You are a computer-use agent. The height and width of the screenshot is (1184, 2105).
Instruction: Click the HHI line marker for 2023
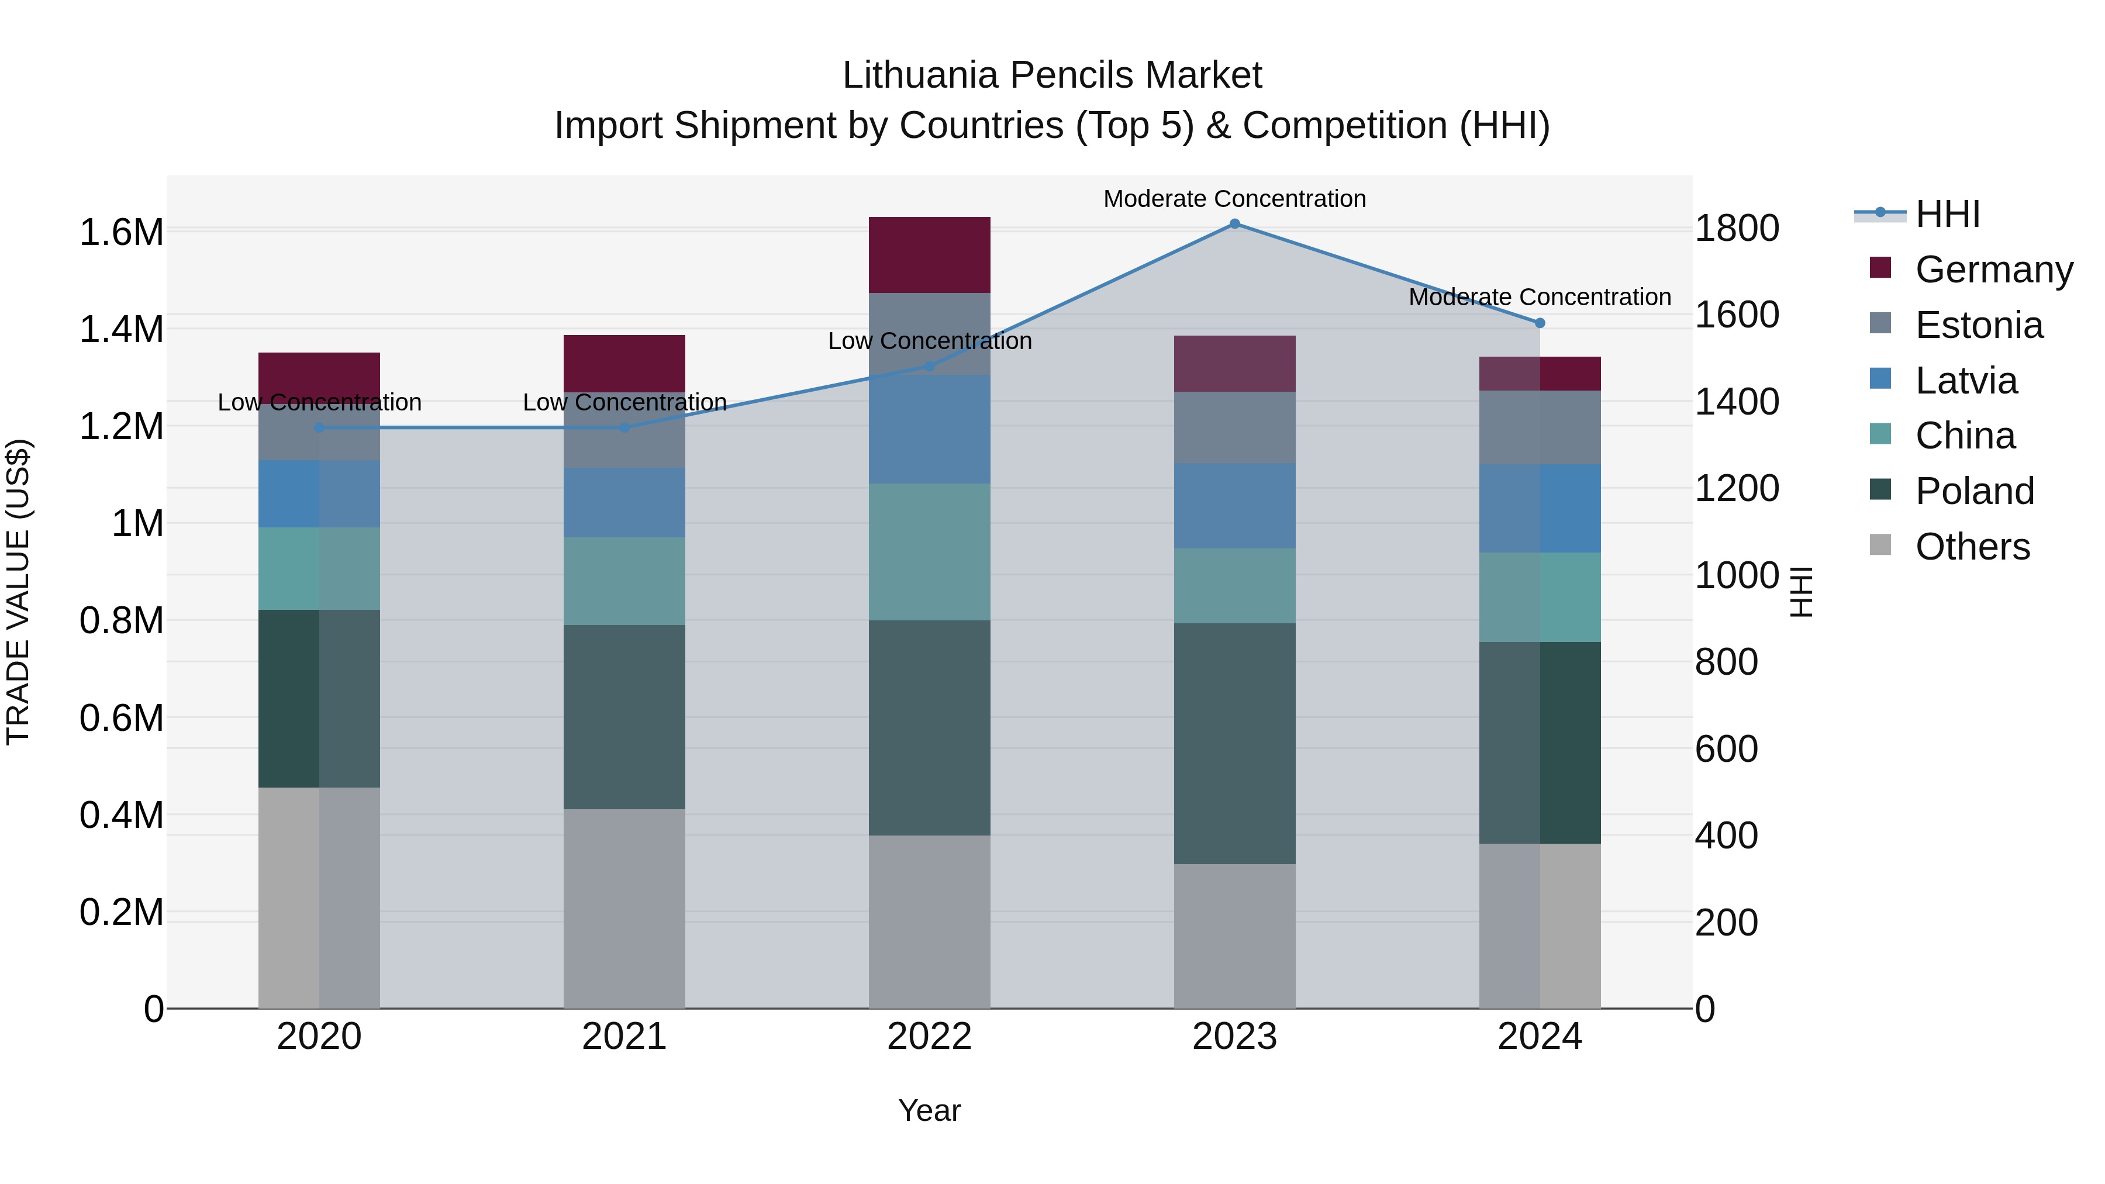1235,224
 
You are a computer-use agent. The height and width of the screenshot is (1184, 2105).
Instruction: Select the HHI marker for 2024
1540,323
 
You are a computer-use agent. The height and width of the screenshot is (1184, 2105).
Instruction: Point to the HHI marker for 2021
624,427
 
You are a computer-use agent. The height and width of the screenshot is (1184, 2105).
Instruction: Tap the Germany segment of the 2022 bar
929,255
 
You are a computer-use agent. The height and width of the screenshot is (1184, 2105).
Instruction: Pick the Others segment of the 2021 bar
624,908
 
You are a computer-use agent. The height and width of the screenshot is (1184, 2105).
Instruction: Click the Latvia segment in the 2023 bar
1235,506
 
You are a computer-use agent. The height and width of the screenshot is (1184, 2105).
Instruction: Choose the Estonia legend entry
1978,325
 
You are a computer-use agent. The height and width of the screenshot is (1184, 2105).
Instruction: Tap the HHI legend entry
1947,214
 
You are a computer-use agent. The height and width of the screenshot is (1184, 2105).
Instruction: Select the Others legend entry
1972,547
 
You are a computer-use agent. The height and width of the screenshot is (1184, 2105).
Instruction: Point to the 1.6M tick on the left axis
121,233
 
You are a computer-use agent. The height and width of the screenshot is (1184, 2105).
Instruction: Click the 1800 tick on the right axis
1737,228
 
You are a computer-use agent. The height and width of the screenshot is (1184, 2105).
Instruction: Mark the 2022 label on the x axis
929,1036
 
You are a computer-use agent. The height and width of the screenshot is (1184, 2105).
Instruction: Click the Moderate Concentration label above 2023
1235,199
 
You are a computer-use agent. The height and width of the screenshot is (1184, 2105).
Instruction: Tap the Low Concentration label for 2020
319,402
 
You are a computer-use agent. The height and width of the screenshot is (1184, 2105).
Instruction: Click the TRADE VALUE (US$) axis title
18,592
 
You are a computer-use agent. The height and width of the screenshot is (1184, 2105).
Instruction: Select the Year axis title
929,1110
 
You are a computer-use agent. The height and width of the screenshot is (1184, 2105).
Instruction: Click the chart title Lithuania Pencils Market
1052,75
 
